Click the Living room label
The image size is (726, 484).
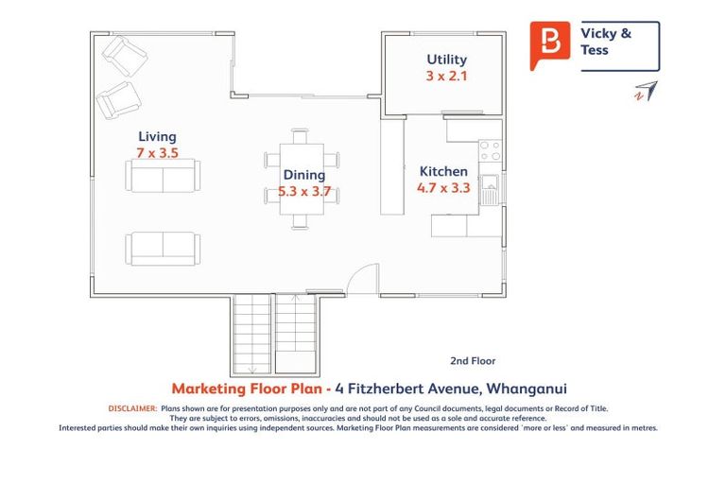click(x=157, y=136)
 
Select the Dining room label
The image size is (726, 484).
click(x=303, y=175)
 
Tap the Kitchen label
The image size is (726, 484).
click(x=443, y=171)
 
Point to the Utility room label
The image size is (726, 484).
click(x=447, y=60)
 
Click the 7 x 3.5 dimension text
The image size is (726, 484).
click(x=157, y=152)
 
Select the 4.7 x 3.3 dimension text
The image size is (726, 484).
click(x=442, y=188)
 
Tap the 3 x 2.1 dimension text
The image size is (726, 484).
click(x=447, y=76)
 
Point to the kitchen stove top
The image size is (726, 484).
click(x=490, y=150)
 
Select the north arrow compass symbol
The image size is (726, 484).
click(x=646, y=91)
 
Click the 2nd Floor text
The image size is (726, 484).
click(x=473, y=360)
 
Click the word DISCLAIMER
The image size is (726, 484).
click(x=131, y=408)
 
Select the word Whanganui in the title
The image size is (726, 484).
click(x=525, y=389)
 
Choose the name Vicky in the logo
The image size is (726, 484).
click(x=595, y=34)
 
